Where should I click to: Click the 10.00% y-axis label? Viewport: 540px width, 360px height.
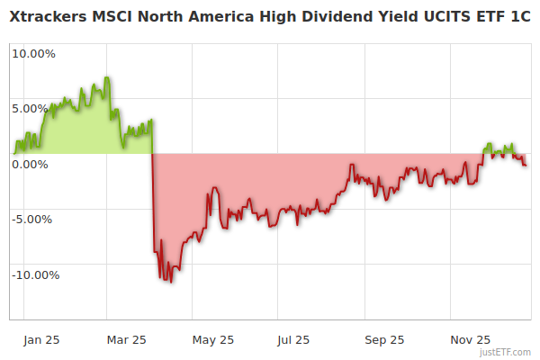pyautogui.click(x=33, y=53)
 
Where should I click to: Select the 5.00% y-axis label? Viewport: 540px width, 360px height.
pyautogui.click(x=36, y=109)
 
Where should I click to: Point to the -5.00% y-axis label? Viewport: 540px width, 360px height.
pyautogui.click(x=34, y=219)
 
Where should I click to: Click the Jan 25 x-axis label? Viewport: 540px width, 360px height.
pyautogui.click(x=41, y=340)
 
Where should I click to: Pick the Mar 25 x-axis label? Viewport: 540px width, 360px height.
pyautogui.click(x=127, y=340)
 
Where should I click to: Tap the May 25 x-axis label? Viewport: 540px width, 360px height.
pyautogui.click(x=213, y=340)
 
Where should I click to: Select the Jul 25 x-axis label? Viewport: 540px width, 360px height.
pyautogui.click(x=292, y=340)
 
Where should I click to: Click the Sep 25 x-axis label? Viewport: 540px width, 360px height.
pyautogui.click(x=384, y=340)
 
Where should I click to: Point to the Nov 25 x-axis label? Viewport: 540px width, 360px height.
pyautogui.click(x=470, y=340)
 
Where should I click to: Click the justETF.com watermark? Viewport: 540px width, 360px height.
pyautogui.click(x=506, y=352)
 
